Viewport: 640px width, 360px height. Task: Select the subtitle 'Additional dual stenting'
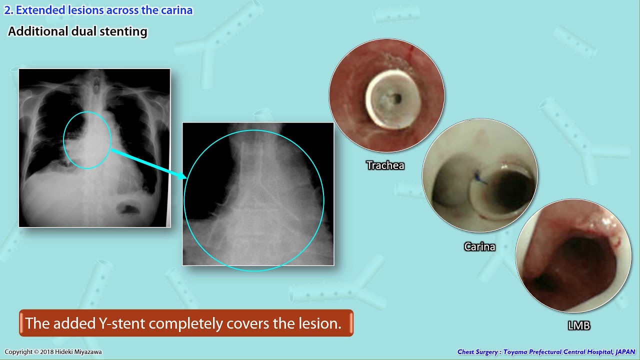coord(77,31)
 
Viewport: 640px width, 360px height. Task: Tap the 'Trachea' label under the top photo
coord(385,165)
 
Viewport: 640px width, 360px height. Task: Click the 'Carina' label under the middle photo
coord(479,247)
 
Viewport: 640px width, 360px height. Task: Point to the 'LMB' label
coord(578,326)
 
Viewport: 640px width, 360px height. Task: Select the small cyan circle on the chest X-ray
coord(87,140)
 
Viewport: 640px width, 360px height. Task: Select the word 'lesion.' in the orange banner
coord(320,323)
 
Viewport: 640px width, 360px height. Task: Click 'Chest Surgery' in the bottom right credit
coord(477,352)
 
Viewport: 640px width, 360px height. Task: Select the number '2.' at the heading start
coord(8,10)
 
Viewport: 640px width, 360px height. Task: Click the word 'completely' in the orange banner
coord(186,323)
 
